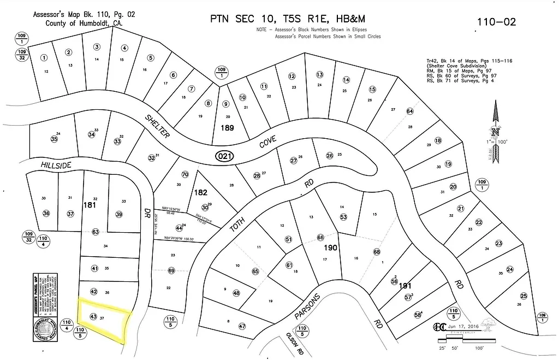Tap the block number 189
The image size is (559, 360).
(x=227, y=128)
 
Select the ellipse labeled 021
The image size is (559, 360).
(x=224, y=156)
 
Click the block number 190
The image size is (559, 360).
(x=331, y=248)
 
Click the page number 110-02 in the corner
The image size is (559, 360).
(x=496, y=22)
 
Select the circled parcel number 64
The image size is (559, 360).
(x=410, y=111)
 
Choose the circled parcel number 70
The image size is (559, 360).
(x=185, y=175)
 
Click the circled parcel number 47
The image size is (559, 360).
(x=242, y=326)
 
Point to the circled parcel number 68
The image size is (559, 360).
(x=377, y=252)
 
